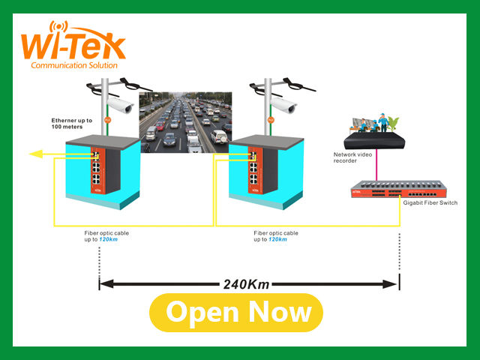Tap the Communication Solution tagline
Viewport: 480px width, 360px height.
(x=73, y=66)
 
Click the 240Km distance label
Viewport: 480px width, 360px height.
(x=247, y=284)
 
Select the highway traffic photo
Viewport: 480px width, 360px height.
(x=186, y=122)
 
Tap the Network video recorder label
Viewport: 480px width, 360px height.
(x=356, y=157)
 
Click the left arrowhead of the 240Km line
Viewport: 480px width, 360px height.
(x=106, y=284)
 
